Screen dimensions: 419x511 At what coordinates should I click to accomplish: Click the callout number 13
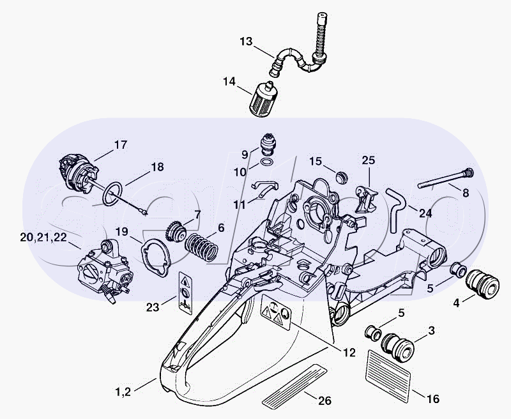point(246,42)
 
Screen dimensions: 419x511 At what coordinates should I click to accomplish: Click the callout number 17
point(120,144)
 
